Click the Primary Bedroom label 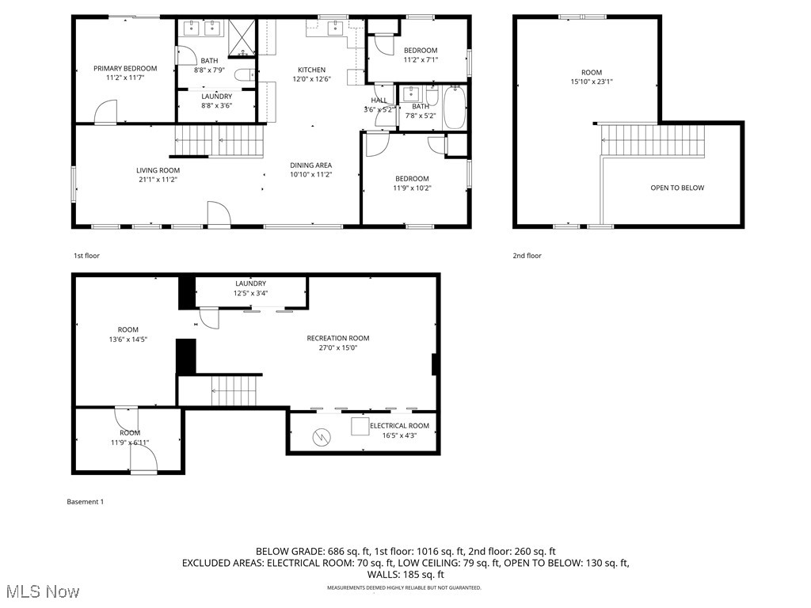(x=125, y=69)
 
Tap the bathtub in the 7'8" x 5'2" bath (x=455, y=108)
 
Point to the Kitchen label (x=311, y=70)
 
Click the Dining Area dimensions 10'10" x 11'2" (x=310, y=175)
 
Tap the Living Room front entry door (x=218, y=214)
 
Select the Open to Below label (x=676, y=188)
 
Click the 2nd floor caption (x=527, y=256)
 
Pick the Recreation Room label (x=338, y=338)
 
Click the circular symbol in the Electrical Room (x=322, y=436)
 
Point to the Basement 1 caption (x=85, y=502)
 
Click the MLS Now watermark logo (x=41, y=591)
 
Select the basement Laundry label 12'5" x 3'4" (x=250, y=294)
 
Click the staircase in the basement (x=234, y=390)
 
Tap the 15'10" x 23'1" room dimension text (x=592, y=82)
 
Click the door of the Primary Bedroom (x=105, y=112)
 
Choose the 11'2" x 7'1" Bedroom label (x=421, y=59)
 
